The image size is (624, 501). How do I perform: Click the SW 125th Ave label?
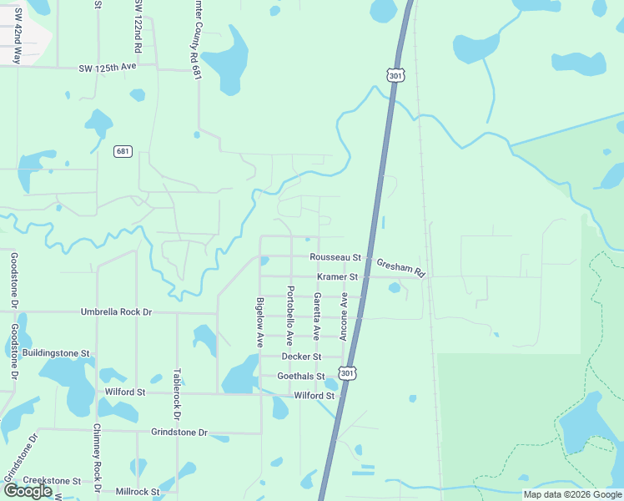click(x=108, y=66)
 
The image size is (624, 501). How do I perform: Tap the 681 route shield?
click(x=123, y=151)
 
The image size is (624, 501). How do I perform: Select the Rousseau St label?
click(x=335, y=257)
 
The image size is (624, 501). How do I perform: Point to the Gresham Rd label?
click(x=401, y=267)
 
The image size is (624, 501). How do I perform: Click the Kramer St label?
click(x=337, y=276)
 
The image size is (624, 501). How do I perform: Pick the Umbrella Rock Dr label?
click(x=117, y=311)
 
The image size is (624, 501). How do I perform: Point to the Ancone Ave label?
click(x=343, y=316)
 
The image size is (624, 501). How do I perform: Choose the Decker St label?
click(x=302, y=357)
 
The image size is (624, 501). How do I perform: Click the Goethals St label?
click(x=300, y=377)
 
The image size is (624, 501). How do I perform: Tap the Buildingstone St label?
click(x=56, y=353)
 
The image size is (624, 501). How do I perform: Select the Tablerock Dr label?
click(x=176, y=394)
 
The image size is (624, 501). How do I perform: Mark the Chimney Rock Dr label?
click(x=98, y=457)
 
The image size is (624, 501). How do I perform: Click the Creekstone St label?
click(x=52, y=481)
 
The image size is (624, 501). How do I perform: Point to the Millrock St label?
click(x=138, y=492)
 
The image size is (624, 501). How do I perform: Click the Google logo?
click(x=27, y=491)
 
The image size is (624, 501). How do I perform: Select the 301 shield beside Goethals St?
click(x=349, y=372)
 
